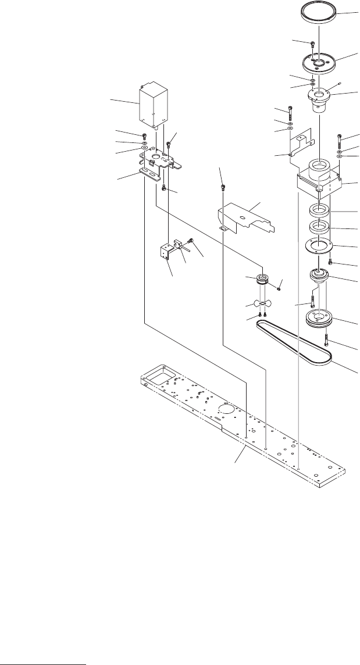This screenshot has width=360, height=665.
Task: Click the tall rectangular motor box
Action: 154,106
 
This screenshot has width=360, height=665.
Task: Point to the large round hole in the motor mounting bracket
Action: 156,156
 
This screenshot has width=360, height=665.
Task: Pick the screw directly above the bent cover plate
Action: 222,187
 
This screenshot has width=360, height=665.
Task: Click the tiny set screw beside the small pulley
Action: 280,284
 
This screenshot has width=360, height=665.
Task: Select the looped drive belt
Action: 294,342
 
